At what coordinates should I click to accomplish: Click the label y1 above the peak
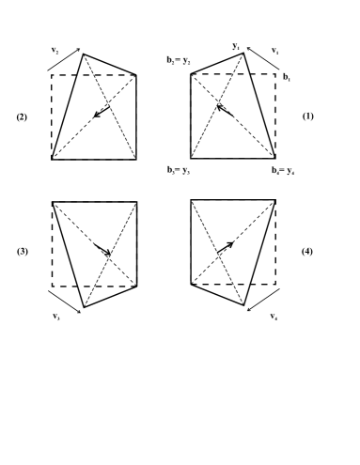tap(238, 44)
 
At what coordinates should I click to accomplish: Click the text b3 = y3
tap(178, 169)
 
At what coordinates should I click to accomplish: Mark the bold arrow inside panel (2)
tap(102, 112)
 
